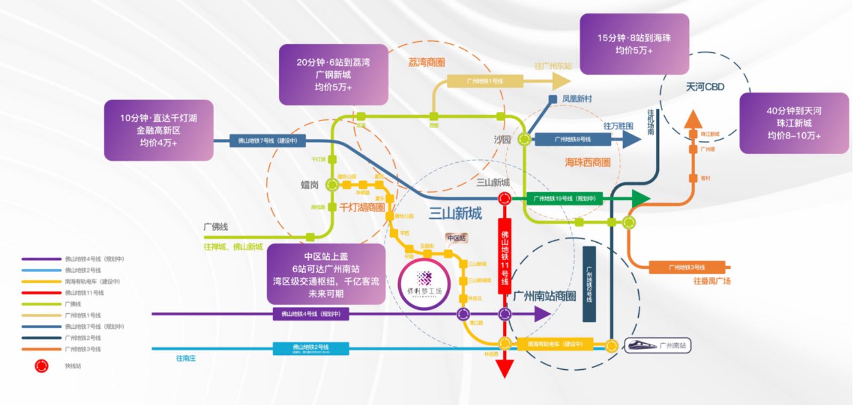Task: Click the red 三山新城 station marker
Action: tap(504, 199)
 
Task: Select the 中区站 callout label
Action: tap(456, 238)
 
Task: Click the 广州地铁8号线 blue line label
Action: tap(573, 139)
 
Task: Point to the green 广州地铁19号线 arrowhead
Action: tap(640, 198)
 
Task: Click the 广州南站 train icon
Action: tap(642, 345)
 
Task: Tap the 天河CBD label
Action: tap(705, 86)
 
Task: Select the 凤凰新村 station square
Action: tap(553, 99)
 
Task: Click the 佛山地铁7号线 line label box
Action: tap(268, 141)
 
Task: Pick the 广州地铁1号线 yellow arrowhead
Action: tap(561, 81)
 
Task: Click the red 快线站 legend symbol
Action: tap(42, 366)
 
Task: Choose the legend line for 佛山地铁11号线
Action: tap(42, 292)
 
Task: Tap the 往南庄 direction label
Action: tap(186, 359)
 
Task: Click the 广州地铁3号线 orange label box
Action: tap(687, 267)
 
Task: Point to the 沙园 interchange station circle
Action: tap(525, 140)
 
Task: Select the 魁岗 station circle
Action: tap(332, 185)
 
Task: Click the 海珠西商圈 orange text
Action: tap(588, 162)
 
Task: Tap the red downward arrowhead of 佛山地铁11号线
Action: tap(504, 368)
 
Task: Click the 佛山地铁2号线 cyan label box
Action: tap(311, 348)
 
